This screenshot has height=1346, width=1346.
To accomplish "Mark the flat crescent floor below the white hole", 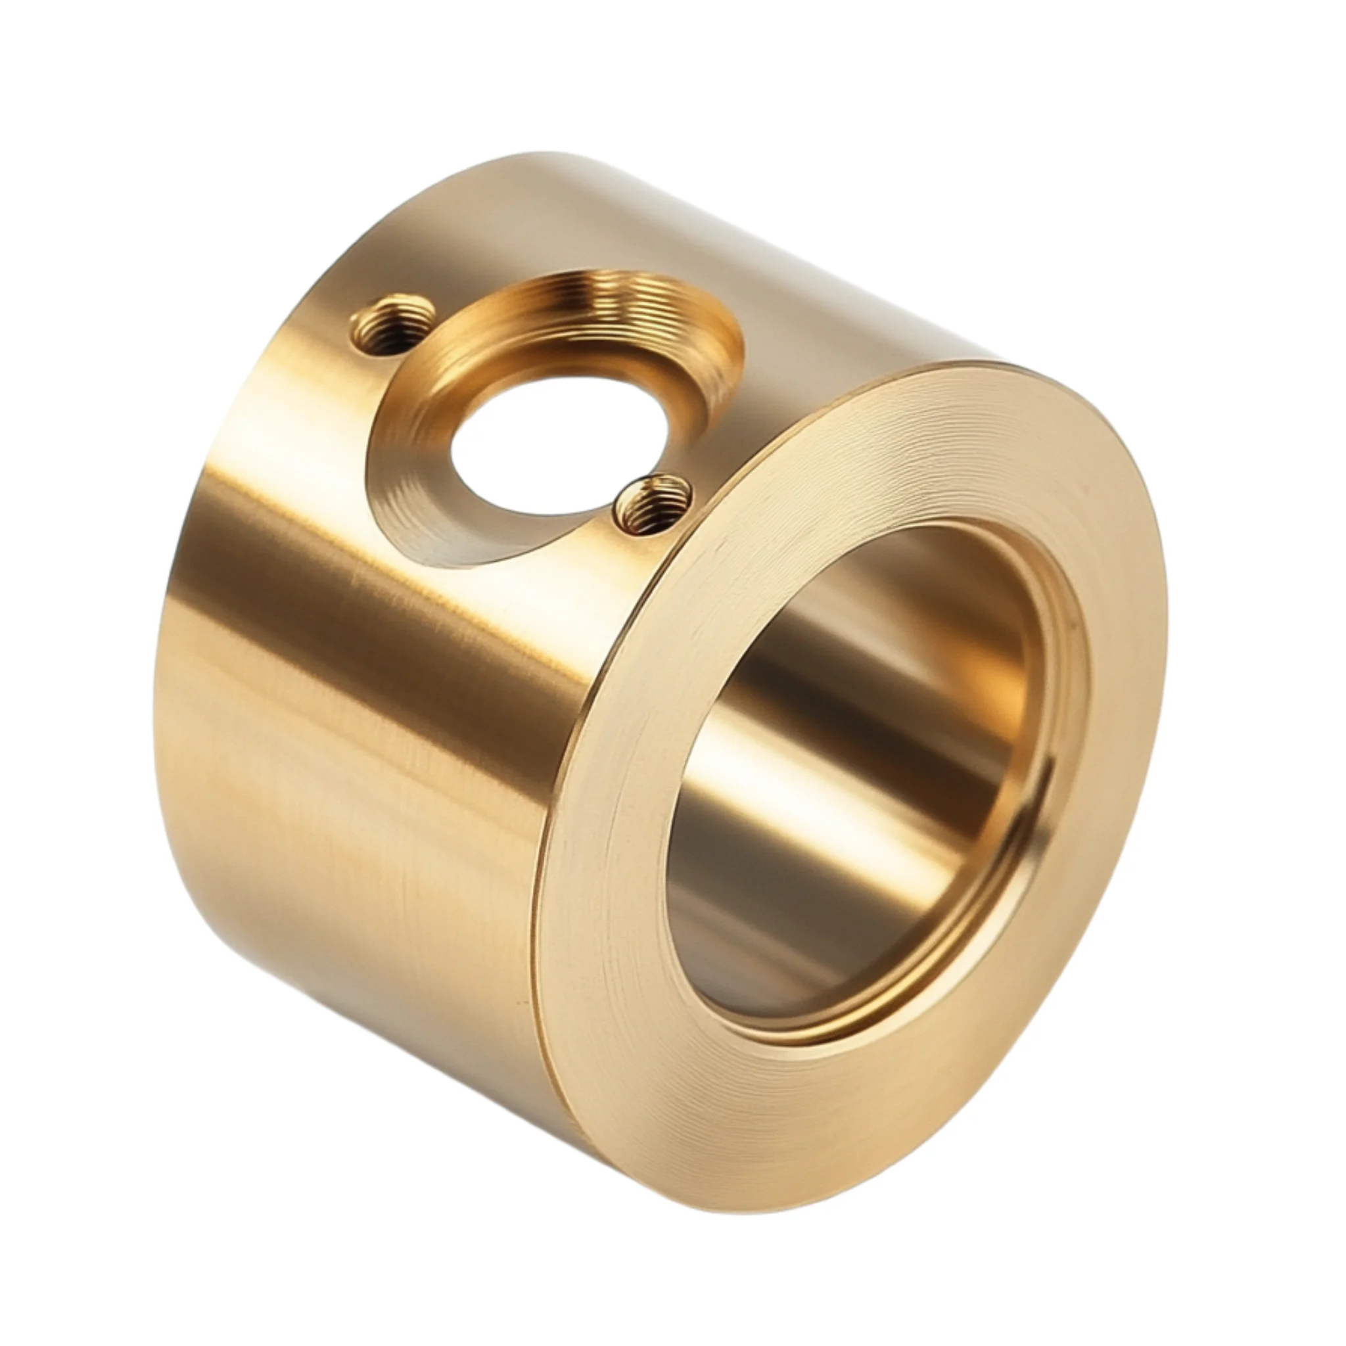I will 446,515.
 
